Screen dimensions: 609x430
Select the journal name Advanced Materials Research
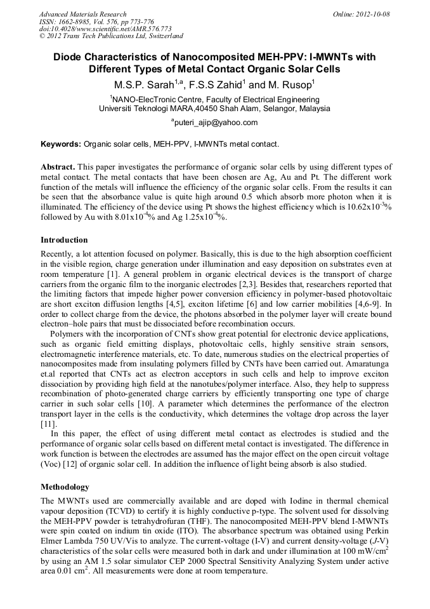82,14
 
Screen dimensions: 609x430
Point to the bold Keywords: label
61,144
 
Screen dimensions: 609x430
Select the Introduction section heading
64,240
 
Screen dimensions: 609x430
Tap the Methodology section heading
65,487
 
